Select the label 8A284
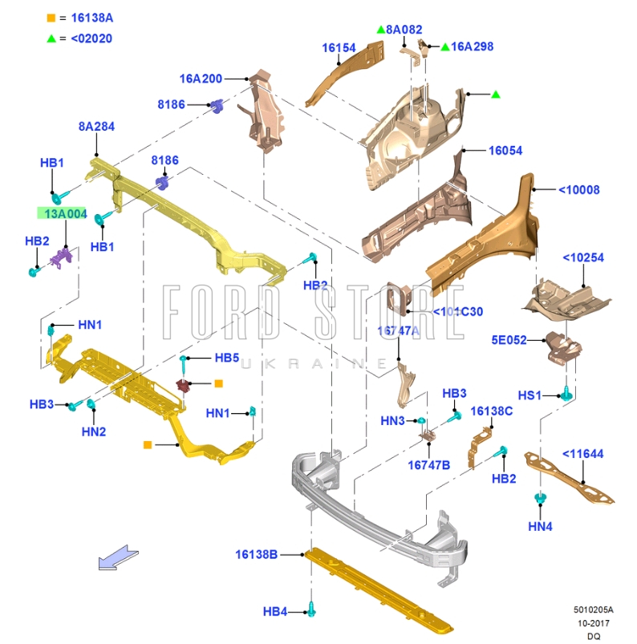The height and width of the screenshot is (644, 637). [x=96, y=127]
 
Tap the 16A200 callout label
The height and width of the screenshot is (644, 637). [x=201, y=79]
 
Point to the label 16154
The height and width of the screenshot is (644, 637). [x=339, y=47]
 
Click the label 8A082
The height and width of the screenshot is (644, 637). [x=404, y=30]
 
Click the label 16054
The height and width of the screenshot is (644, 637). [x=505, y=151]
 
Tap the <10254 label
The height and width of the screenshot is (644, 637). [x=582, y=257]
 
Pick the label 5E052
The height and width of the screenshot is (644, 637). [x=509, y=340]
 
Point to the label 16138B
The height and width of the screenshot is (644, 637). [x=257, y=554]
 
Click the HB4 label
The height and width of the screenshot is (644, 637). [x=274, y=612]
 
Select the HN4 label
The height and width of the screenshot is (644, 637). [x=541, y=526]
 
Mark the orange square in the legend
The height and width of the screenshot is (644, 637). [x=51, y=17]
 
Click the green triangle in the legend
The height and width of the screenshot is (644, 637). [x=51, y=38]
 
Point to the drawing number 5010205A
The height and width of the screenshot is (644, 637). [x=593, y=610]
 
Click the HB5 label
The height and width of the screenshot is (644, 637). [x=226, y=358]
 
